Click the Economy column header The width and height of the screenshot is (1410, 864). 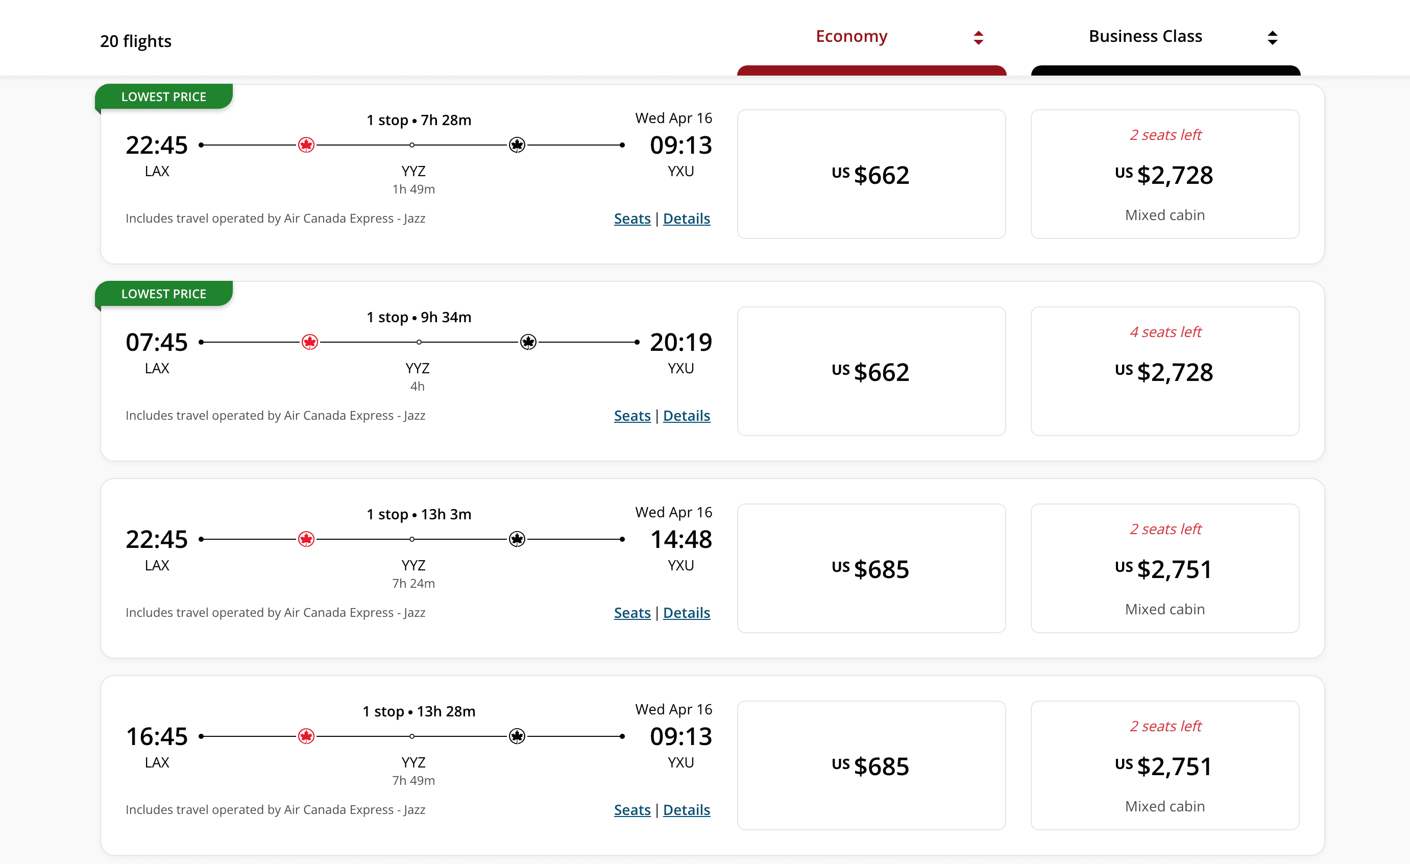(851, 37)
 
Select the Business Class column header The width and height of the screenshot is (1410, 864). (1145, 37)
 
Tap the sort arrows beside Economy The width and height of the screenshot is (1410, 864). (979, 38)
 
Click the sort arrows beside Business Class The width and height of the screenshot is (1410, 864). (1272, 38)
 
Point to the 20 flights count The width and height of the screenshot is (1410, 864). (136, 41)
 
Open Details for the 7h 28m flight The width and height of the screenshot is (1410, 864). (686, 219)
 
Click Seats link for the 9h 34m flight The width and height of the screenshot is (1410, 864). (632, 416)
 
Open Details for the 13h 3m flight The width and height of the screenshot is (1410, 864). (686, 613)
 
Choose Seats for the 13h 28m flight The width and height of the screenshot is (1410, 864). (632, 809)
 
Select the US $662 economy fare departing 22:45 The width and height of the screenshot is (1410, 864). (871, 175)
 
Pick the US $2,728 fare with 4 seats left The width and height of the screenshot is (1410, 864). (1164, 372)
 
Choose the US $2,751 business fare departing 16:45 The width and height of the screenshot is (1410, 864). (1164, 765)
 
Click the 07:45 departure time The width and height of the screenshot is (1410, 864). (157, 343)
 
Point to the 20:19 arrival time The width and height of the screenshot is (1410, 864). (681, 343)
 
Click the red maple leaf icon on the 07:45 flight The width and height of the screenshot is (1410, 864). (309, 343)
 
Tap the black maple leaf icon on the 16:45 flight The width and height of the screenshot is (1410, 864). (517, 736)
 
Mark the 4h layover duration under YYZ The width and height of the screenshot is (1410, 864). (417, 387)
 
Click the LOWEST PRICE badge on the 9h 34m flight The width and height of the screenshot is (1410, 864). (164, 294)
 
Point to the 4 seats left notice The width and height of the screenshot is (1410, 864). (1165, 332)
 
